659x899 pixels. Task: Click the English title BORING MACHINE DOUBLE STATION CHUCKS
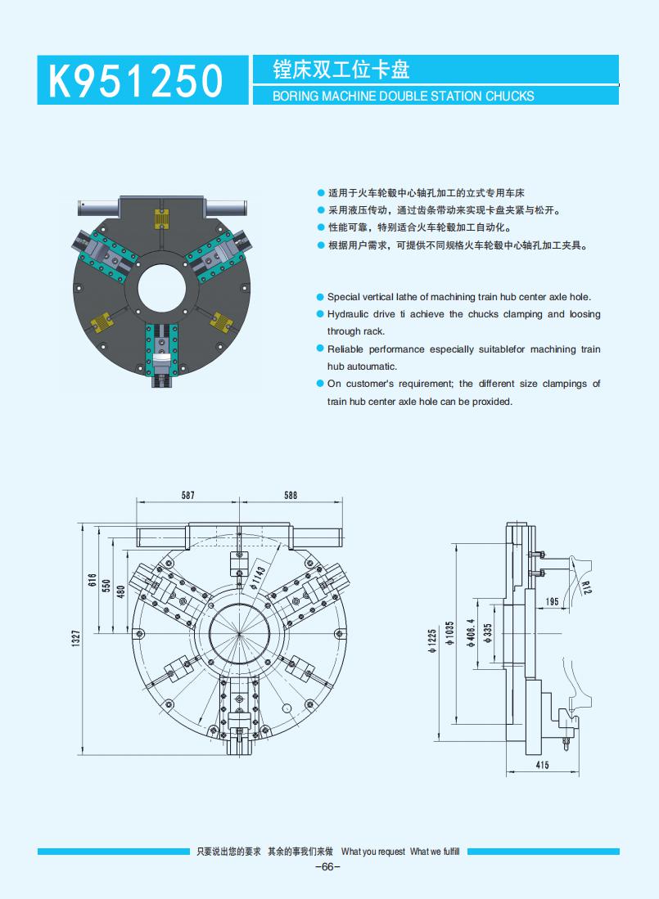403,96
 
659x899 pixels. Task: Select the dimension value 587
188,495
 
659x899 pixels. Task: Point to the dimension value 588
290,495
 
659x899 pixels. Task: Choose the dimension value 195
552,602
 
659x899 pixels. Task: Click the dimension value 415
542,765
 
